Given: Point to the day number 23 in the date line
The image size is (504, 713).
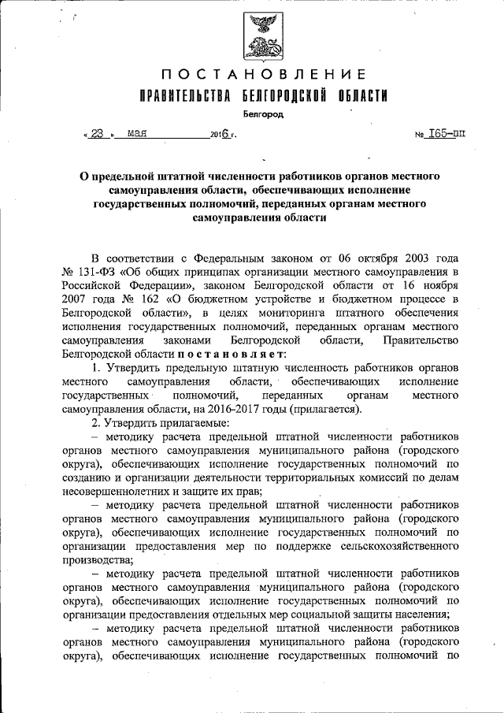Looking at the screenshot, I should click(97, 133).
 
